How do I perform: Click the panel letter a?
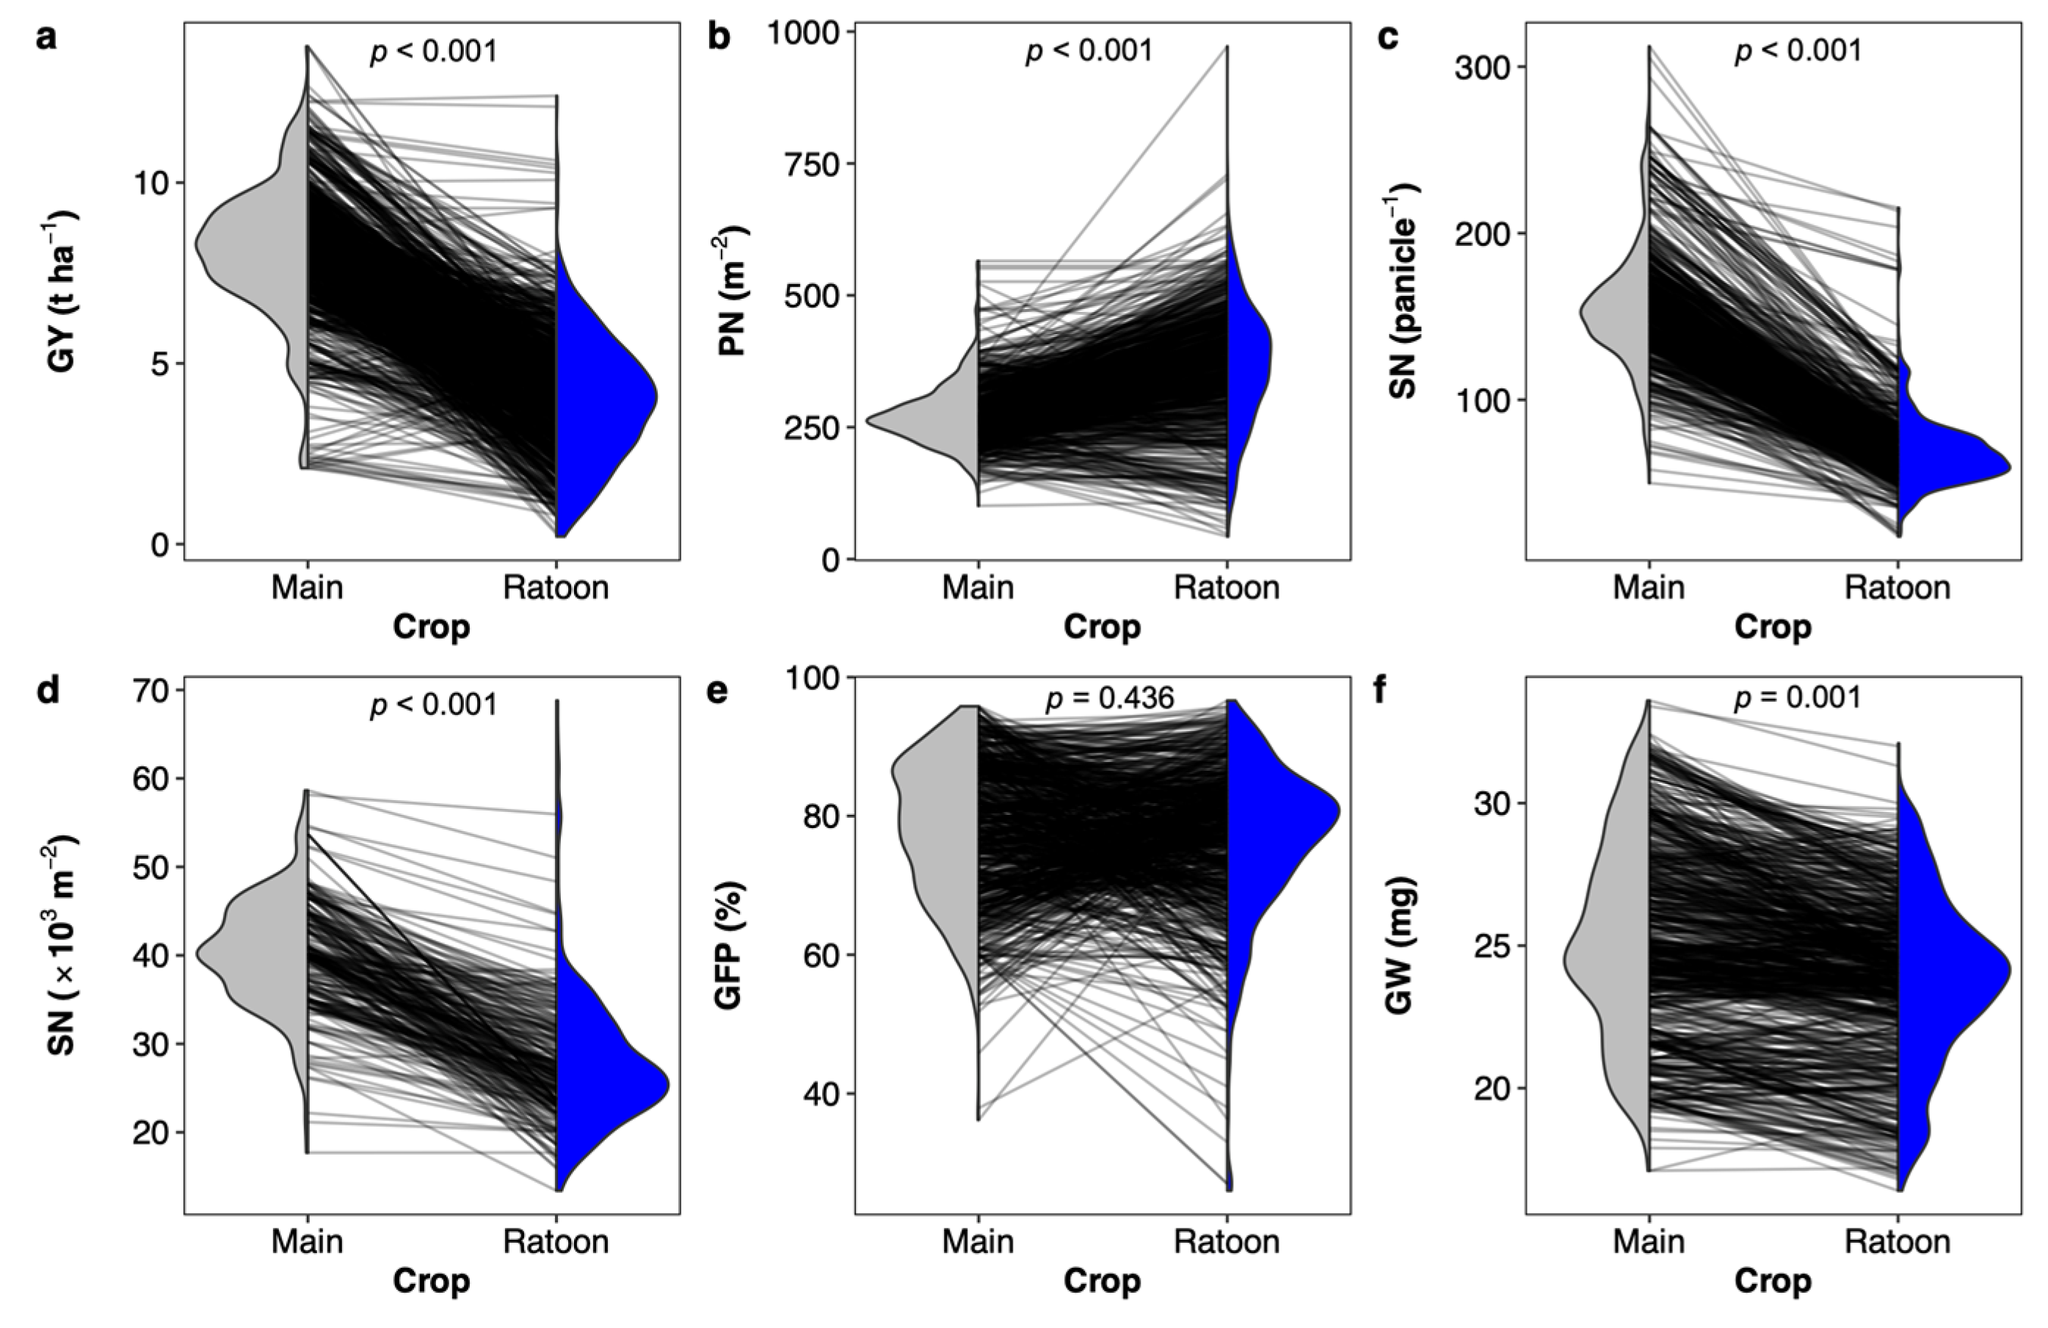tap(46, 38)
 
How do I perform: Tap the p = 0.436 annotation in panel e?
tap(1109, 699)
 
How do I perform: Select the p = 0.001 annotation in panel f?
tap(1798, 698)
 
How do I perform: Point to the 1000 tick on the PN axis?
tap(803, 34)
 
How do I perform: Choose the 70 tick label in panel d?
tap(154, 691)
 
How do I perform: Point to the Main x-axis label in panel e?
tap(978, 1241)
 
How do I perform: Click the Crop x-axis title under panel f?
tap(1772, 1282)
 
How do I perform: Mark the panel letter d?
tap(47, 691)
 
